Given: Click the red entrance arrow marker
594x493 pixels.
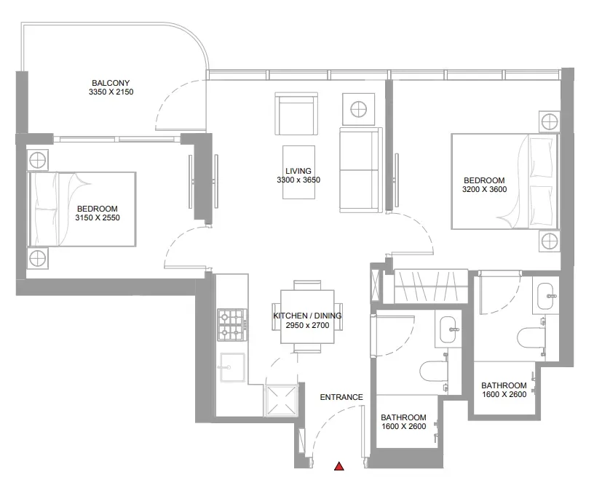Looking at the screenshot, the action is point(339,466).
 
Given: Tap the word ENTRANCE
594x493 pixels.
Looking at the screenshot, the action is point(341,397).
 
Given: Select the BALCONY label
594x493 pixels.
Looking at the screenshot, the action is point(111,83).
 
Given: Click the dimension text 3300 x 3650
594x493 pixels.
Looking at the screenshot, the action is point(298,180).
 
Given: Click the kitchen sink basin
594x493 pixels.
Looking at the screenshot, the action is point(232,367).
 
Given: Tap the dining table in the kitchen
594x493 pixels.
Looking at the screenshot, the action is point(307,317).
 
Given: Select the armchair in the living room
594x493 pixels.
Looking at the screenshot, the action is point(296,113).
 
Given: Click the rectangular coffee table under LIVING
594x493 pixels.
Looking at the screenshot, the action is point(298,172).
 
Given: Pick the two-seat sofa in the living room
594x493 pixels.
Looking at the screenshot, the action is point(361,170).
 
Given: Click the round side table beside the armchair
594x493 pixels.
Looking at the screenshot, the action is point(358,109).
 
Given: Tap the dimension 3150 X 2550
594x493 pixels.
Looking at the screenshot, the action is point(98,217).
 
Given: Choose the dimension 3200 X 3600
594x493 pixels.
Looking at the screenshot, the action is point(484,189).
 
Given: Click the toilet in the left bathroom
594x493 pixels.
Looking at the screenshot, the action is point(435,372).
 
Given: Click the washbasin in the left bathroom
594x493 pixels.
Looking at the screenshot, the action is point(449,329).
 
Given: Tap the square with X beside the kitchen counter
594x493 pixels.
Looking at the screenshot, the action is point(281,401).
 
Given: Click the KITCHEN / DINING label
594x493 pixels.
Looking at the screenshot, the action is point(307,316).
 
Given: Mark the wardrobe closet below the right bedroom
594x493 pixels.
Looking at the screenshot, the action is point(431,286).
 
